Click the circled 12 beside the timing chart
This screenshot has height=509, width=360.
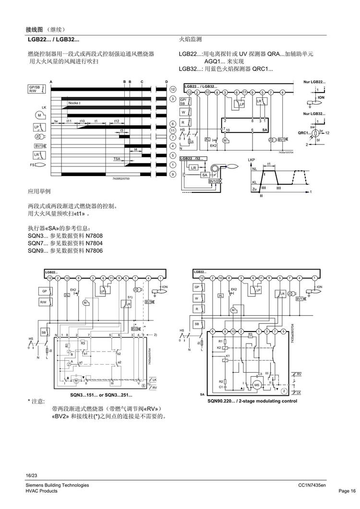172,90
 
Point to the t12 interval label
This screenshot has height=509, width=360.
116,121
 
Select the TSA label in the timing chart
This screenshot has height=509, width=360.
117,158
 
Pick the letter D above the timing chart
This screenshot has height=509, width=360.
166,82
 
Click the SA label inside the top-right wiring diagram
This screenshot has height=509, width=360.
264,130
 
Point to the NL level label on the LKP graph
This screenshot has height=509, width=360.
254,169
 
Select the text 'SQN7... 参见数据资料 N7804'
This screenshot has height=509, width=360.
65,243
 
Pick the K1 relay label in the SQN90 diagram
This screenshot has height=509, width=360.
228,356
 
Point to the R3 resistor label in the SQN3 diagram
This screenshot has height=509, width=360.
83,343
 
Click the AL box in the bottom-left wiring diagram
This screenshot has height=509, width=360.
67,295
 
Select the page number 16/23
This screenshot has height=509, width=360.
31,475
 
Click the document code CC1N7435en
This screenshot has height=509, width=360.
312,485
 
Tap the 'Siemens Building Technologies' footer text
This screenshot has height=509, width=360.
57,485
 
